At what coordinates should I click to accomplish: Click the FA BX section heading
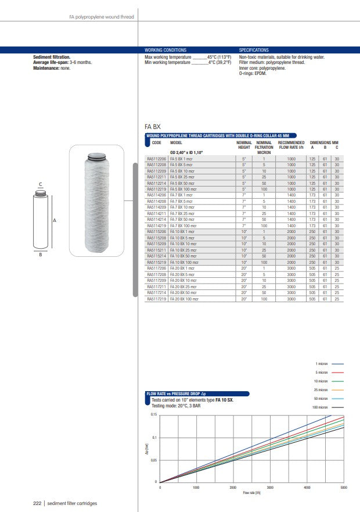coord(152,126)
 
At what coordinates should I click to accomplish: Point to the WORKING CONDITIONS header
coord(165,50)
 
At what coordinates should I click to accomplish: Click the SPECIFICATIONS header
coord(254,50)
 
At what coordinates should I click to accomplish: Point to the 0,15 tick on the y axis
coord(154,415)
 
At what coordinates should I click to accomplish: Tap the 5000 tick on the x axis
coord(344,487)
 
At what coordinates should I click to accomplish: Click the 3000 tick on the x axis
coord(270,487)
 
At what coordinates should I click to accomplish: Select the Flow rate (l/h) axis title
coord(251,493)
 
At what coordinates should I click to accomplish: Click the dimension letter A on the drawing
coord(54,221)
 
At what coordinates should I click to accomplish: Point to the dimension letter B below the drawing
coord(40,254)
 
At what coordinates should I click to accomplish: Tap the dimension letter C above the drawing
coord(40,185)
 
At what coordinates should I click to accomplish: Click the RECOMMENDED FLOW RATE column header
coord(291,145)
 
